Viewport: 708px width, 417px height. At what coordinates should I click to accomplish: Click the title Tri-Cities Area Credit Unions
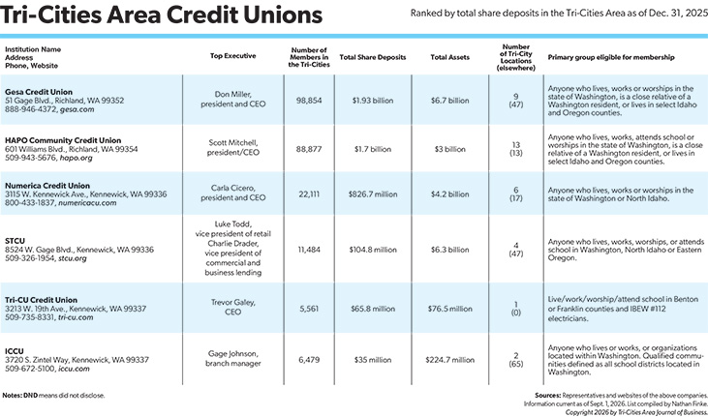click(161, 15)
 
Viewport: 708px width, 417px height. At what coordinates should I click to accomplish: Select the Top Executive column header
click(233, 56)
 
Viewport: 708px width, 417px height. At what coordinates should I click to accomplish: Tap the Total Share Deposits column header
click(373, 57)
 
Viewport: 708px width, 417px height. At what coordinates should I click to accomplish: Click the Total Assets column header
click(449, 57)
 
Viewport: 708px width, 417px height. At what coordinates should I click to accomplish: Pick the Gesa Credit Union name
click(39, 92)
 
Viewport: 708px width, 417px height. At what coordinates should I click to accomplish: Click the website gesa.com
click(77, 109)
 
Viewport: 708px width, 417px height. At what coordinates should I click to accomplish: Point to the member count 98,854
click(309, 101)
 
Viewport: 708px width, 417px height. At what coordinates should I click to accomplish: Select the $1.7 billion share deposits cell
click(373, 149)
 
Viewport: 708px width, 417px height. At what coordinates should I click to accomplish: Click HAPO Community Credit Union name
click(63, 140)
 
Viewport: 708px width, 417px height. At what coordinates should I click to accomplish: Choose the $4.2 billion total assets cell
click(449, 194)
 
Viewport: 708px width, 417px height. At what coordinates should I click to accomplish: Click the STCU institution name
click(15, 241)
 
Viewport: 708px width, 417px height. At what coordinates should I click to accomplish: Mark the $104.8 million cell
click(373, 250)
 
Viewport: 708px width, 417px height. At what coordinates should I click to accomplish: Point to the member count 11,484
click(309, 250)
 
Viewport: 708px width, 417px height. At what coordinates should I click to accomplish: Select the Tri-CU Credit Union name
click(41, 300)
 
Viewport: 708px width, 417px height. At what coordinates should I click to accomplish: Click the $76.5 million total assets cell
click(449, 309)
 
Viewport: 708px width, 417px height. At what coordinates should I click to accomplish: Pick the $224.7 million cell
click(449, 360)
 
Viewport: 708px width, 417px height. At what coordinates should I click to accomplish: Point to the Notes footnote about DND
click(53, 396)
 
